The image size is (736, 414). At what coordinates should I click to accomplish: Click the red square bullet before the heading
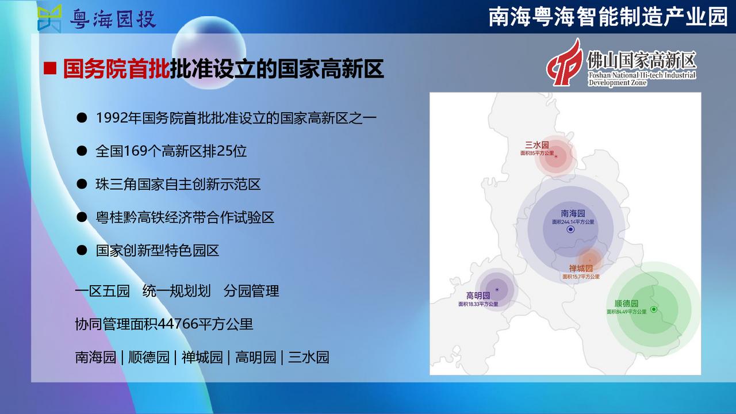[x=50, y=68]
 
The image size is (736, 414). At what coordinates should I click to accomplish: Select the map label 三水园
[x=537, y=145]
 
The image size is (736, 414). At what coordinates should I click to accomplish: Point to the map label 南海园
[x=573, y=213]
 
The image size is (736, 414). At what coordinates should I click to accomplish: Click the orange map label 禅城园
[x=581, y=269]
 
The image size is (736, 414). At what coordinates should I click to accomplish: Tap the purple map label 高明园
[x=478, y=296]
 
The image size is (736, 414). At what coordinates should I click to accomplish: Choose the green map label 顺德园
[x=626, y=303]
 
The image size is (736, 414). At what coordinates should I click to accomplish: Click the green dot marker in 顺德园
[x=654, y=309]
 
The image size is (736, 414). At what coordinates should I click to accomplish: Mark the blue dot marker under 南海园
[x=571, y=229]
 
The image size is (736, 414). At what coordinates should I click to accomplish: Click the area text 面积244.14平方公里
[x=573, y=222]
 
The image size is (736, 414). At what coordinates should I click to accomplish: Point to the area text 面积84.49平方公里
[x=626, y=312]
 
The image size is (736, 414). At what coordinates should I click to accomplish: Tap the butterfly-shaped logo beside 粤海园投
[x=49, y=18]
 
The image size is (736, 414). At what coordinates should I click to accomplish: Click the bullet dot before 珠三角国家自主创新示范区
[x=82, y=183]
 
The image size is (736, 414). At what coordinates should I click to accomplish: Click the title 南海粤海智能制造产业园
[x=608, y=17]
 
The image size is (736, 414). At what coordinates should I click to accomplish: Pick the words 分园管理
[x=251, y=291]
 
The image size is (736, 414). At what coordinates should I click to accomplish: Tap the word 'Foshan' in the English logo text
[x=599, y=75]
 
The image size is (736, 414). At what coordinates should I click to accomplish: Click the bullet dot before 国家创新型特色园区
[x=82, y=250]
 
